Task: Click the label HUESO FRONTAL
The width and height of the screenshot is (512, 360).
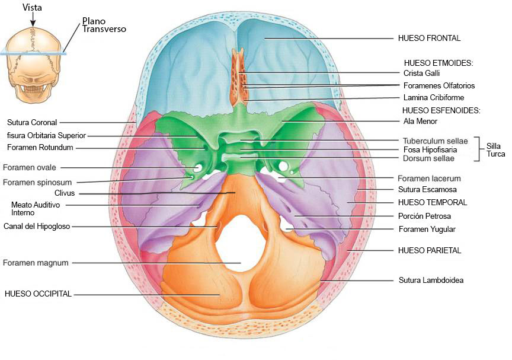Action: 429,38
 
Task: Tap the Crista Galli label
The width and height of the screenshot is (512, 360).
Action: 421,73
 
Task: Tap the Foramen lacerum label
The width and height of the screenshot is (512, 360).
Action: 429,178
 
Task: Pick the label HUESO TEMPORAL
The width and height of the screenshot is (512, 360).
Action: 433,202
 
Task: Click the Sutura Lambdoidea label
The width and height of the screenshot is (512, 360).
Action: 431,280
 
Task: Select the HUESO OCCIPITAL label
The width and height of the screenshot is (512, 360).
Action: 38,294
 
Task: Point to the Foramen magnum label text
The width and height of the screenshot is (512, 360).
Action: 36,262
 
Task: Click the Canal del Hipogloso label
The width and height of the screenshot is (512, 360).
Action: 37,226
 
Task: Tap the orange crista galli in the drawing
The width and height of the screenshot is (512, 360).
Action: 238,77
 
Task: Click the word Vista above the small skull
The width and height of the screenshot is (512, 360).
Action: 32,8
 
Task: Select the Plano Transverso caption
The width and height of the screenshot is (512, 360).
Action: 104,24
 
